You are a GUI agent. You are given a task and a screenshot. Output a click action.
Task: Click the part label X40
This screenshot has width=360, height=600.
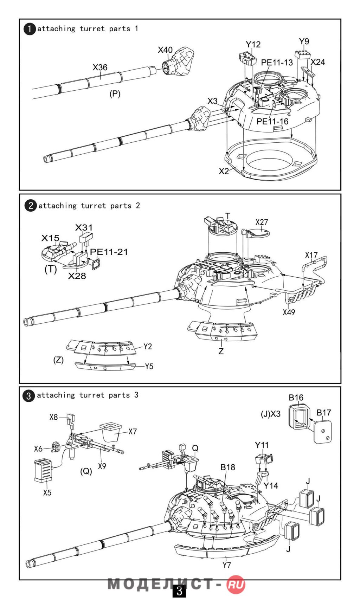tap(165, 50)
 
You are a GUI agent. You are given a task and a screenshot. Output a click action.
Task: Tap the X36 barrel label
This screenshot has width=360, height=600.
tap(100, 67)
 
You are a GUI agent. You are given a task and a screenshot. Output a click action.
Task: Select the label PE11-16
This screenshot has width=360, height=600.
tap(272, 121)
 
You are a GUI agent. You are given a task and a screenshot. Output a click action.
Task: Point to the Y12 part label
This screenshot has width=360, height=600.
tap(253, 45)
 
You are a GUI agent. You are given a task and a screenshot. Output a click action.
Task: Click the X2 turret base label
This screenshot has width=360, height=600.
tap(224, 171)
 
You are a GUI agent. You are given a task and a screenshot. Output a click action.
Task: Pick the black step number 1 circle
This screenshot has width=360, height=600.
tap(30, 29)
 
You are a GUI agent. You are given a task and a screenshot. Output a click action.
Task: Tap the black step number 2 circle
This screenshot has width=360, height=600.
tap(31, 206)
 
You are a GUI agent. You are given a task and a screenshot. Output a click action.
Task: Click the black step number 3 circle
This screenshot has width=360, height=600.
tap(29, 396)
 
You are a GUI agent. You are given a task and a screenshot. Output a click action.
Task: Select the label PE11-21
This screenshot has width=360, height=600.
tap(109, 252)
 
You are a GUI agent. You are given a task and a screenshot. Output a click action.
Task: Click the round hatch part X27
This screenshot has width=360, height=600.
tap(258, 233)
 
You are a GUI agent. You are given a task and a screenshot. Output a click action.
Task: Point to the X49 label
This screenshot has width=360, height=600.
tap(289, 312)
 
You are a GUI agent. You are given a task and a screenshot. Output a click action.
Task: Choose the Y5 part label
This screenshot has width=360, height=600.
tap(149, 366)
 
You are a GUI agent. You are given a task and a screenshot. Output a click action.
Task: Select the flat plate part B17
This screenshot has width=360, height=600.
tap(323, 432)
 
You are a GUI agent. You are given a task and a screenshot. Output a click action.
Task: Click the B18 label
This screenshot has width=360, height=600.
tap(228, 467)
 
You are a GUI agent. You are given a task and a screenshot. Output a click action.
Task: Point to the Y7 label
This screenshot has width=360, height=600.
tap(227, 565)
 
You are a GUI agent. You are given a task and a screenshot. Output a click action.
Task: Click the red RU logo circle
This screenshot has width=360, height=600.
tap(236, 585)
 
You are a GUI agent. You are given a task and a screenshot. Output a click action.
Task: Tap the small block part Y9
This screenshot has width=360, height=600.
tap(303, 54)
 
